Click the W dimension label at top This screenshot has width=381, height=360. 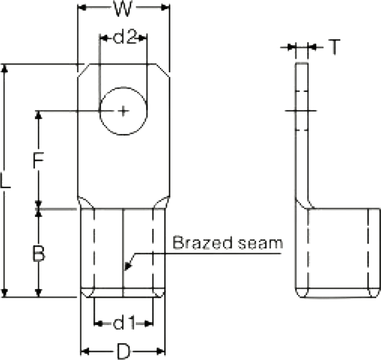coord(123,8)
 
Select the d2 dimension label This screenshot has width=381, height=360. coord(125,37)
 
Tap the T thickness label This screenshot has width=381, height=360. coord(335,47)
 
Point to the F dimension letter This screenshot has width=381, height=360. coord(38,160)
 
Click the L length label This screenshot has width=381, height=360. coord(5,180)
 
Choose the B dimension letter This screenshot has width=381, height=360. coord(39,254)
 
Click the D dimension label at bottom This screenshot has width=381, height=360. coord(123,352)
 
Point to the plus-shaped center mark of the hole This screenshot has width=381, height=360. coord(123,111)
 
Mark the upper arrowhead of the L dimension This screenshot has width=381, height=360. coord(4,68)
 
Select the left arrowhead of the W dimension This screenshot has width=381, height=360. coord(82,8)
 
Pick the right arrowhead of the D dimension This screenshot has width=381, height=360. coord(161,351)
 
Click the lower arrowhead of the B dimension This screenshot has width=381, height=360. coord(38,292)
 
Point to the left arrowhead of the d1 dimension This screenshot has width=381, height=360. coord(98,323)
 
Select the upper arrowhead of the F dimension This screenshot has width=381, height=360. coord(38,115)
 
